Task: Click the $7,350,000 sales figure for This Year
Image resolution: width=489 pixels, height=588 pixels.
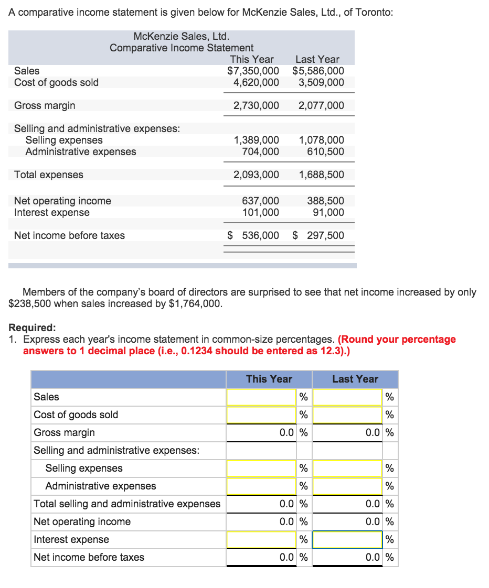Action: [x=253, y=71]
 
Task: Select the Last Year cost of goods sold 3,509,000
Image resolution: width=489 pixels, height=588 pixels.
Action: [x=321, y=82]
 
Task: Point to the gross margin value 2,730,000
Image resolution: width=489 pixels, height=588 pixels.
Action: [x=256, y=105]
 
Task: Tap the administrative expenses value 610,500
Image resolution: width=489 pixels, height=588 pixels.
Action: [x=326, y=151]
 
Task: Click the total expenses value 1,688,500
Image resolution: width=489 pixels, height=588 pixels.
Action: [x=321, y=175]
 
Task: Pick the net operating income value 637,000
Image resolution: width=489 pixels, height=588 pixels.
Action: [x=260, y=201]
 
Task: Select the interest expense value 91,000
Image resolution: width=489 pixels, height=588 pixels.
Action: [x=327, y=212]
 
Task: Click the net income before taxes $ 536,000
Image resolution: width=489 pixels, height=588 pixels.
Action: [x=254, y=235]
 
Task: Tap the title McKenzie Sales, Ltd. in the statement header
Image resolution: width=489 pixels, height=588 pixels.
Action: [x=182, y=36]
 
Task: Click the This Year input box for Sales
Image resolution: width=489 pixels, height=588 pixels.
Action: [x=261, y=397]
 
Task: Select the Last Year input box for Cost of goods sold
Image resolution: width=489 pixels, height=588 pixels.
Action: [x=347, y=415]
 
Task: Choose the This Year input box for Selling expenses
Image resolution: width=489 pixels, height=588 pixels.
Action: [x=261, y=468]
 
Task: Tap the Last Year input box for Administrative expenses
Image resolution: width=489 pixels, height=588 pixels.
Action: [x=347, y=486]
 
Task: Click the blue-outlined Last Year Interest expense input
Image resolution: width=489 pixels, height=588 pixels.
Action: [x=347, y=539]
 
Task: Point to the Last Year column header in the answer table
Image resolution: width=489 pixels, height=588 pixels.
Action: [x=355, y=379]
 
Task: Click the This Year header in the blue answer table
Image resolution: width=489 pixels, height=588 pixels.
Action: [x=269, y=379]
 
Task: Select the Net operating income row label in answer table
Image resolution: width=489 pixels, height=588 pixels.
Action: [x=82, y=521]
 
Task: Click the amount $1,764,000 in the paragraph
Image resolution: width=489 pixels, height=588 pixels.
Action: [x=194, y=303]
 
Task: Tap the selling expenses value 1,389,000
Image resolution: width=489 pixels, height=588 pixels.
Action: [x=256, y=140]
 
